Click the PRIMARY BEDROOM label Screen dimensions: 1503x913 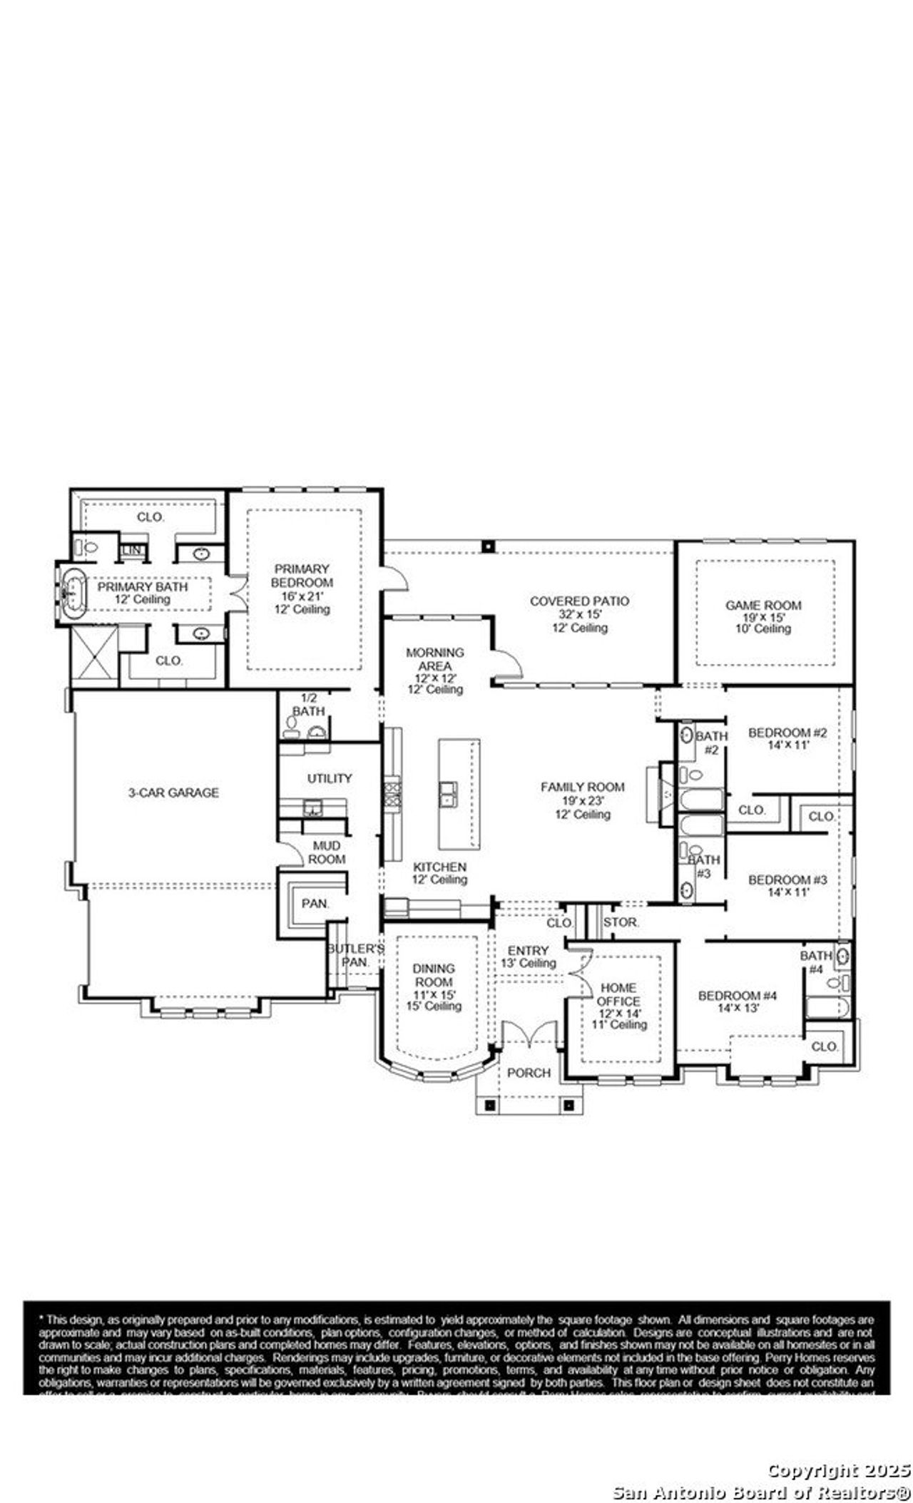(x=302, y=582)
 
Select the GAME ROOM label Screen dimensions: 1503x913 (x=763, y=605)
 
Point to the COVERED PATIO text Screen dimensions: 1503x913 (x=579, y=601)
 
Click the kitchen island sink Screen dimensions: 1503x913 (x=449, y=792)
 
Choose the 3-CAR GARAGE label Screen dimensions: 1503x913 (x=173, y=793)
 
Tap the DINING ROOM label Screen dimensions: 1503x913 (x=434, y=975)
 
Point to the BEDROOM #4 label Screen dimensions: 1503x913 (x=738, y=996)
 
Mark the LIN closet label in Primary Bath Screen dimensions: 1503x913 (x=131, y=551)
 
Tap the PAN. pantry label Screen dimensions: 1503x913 (x=315, y=903)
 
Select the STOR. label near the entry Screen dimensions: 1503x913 (x=621, y=922)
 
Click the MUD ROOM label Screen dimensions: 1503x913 (x=327, y=852)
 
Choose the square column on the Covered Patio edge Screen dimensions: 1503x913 (x=488, y=546)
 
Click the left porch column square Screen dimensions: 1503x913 (x=490, y=1105)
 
